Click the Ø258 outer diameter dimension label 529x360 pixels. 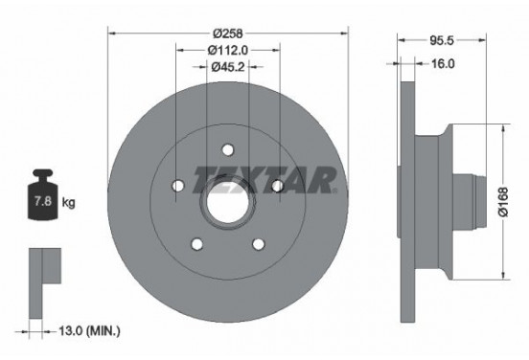click(x=227, y=31)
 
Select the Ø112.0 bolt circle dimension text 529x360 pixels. click(x=227, y=49)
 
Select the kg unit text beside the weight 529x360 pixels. click(x=68, y=204)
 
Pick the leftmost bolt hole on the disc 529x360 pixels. click(x=178, y=185)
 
